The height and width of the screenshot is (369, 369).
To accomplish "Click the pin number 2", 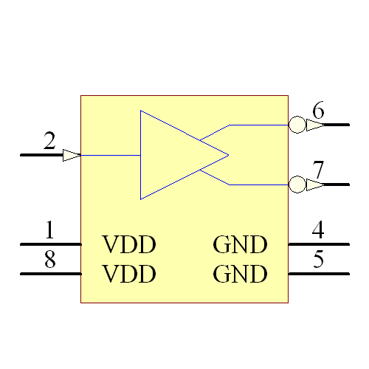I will (x=49, y=140).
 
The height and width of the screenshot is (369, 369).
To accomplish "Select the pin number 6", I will (x=318, y=111).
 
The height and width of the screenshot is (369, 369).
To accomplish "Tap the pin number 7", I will (x=318, y=170).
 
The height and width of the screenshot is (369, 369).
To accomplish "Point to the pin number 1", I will (x=49, y=230).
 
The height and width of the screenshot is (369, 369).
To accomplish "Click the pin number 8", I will (x=49, y=260).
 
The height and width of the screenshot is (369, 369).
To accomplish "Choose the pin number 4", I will (x=318, y=230).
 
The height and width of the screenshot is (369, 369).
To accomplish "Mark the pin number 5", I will (x=318, y=260).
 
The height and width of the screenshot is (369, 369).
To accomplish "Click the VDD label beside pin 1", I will (x=129, y=244).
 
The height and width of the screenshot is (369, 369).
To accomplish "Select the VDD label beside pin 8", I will (x=129, y=275).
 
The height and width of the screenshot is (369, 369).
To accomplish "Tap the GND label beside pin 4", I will (x=240, y=244).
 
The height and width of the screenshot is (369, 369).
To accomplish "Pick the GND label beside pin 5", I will (x=240, y=275).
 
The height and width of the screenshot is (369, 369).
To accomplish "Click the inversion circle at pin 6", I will (x=297, y=125).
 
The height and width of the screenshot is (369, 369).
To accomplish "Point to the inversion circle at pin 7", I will (x=297, y=184).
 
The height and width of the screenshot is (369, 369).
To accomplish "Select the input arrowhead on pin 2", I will (x=72, y=155).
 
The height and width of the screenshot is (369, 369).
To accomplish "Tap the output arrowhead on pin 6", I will (x=314, y=125).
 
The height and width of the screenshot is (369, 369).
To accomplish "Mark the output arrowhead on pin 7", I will (x=314, y=184).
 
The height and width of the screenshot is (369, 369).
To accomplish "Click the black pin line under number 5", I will (x=318, y=274).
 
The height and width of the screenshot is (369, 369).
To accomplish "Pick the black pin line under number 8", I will (x=50, y=274).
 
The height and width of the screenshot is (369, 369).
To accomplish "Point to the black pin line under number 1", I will (x=50, y=244).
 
